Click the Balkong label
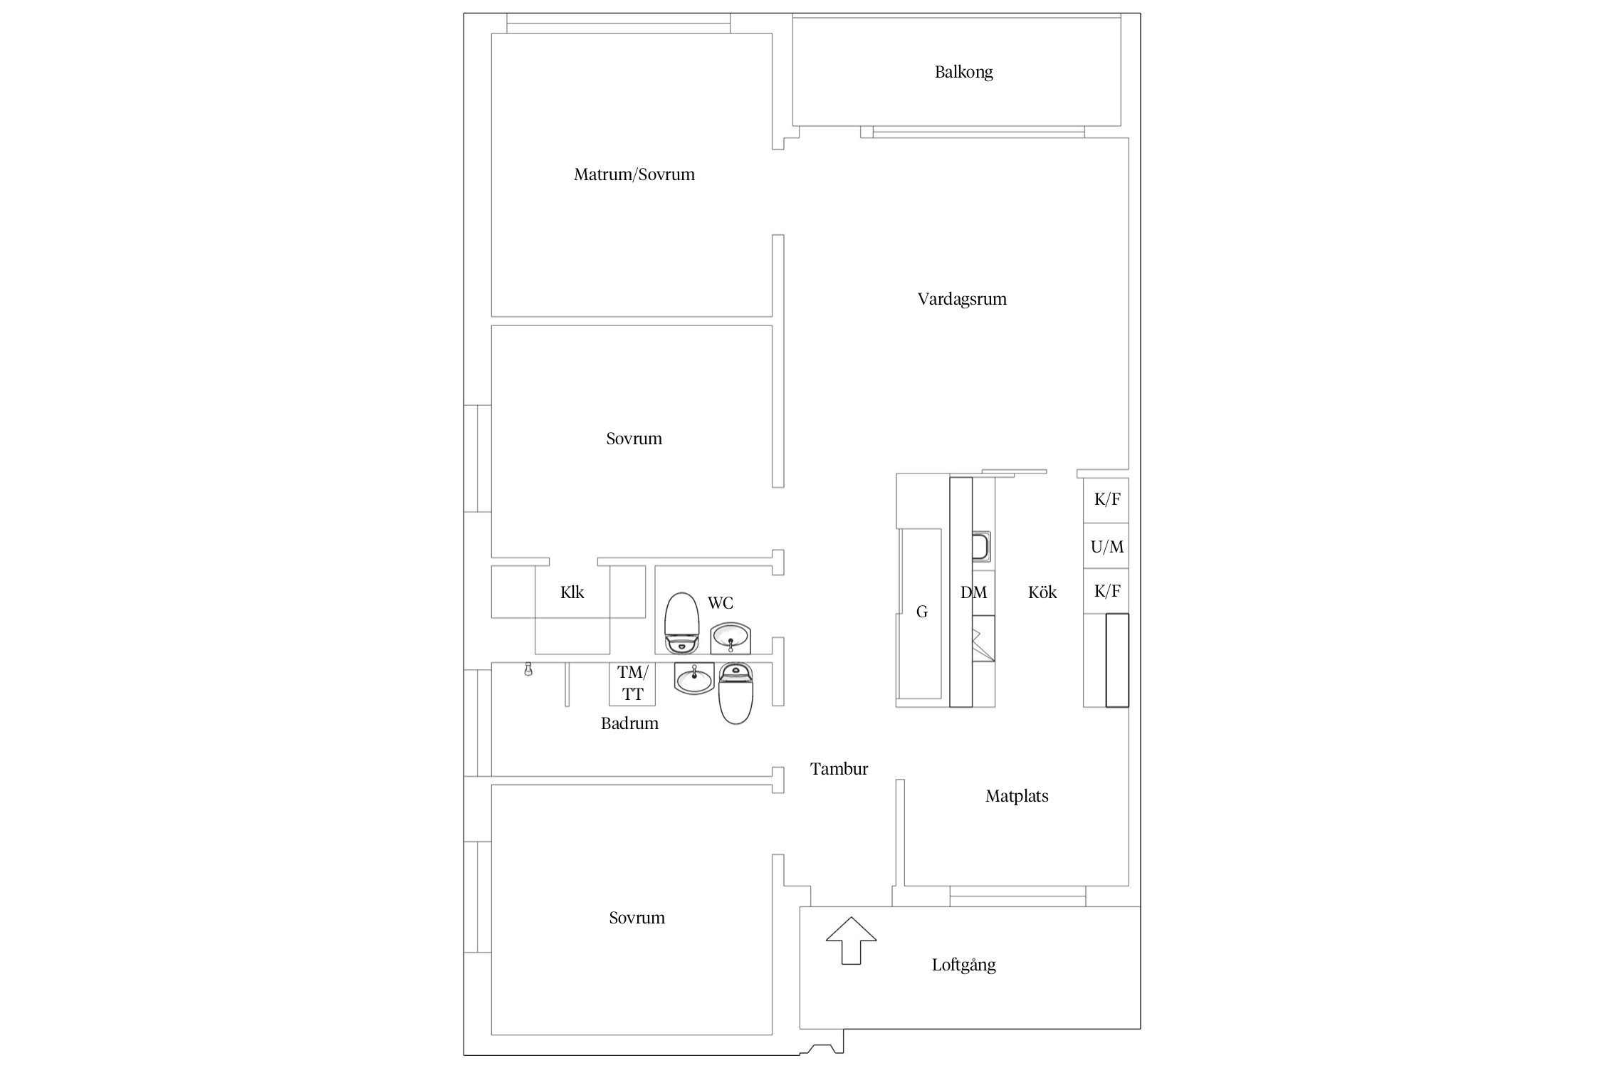tap(963, 72)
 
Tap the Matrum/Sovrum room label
tap(634, 174)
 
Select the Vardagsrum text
tap(962, 299)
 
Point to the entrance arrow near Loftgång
tap(851, 941)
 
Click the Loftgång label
tap(963, 965)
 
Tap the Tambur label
tap(839, 769)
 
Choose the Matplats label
tap(1017, 796)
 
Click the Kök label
tap(1042, 592)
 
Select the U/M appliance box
tap(1106, 546)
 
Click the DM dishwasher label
tap(973, 592)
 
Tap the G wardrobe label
tap(922, 612)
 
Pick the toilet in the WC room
tap(681, 623)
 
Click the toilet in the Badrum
tap(736, 693)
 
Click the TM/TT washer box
tap(632, 684)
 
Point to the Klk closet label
tap(572, 592)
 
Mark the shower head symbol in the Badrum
tap(528, 669)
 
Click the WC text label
tap(720, 603)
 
